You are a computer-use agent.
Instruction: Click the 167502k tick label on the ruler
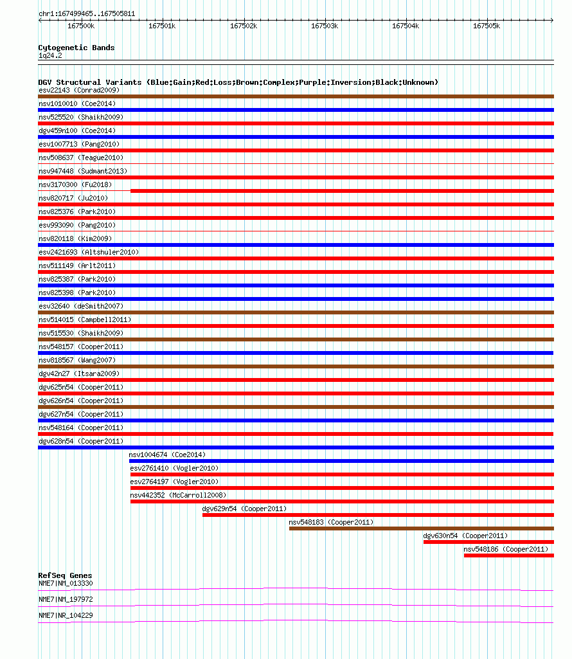pos(244,26)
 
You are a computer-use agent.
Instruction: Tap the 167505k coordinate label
pos(487,26)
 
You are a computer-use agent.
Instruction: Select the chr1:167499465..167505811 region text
pos(87,14)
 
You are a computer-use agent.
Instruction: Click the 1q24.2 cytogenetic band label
pos(50,55)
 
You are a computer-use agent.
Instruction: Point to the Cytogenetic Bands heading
pos(76,48)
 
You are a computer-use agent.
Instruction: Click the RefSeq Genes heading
pos(65,575)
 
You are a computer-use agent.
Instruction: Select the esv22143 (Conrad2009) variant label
pos(79,90)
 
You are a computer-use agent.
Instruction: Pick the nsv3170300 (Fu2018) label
pos(75,185)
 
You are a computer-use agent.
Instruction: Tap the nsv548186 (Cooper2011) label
pos(506,549)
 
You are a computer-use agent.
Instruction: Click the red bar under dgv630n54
pos(488,542)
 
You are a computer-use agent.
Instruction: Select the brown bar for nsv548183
pos(422,528)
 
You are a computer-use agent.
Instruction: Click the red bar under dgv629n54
pos(379,515)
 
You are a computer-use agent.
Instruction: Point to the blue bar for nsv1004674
pos(341,461)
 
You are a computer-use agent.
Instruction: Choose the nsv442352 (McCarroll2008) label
pos(178,495)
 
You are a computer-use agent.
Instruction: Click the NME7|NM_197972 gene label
pos(66,599)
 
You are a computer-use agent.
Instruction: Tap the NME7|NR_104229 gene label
pos(66,615)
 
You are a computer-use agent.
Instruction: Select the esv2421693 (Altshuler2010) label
pos(89,252)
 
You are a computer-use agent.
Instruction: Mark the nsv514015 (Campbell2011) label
pos(85,320)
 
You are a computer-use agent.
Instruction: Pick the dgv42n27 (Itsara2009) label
pos(79,374)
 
